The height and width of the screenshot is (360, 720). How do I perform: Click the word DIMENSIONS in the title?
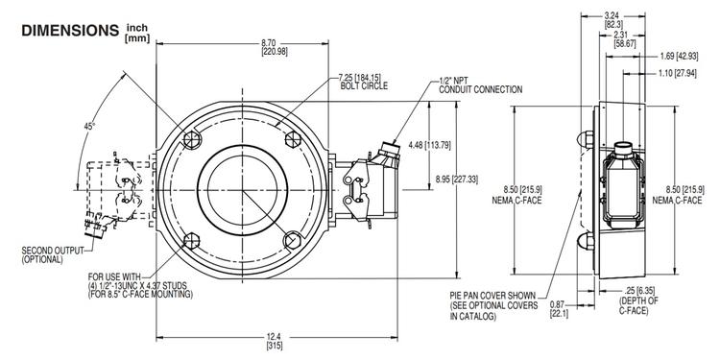tap(68, 31)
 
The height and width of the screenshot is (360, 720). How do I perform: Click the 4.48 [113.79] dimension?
tap(430, 146)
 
